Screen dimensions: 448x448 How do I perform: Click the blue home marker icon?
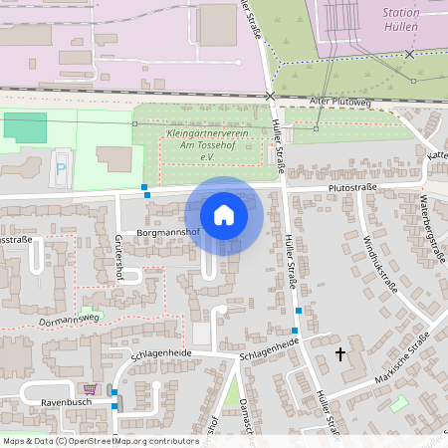pyautogui.click(x=224, y=215)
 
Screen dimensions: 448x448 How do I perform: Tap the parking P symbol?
pyautogui.click(x=61, y=170)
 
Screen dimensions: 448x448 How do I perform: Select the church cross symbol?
pyautogui.click(x=340, y=353)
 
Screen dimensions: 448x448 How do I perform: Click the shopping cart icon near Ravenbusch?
pyautogui.click(x=91, y=389)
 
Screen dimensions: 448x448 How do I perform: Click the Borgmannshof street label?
pyautogui.click(x=168, y=232)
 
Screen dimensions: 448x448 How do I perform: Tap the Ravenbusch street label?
pyautogui.click(x=66, y=403)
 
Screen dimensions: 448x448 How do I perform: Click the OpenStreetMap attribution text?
pyautogui.click(x=100, y=440)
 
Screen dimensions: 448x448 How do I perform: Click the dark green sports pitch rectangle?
pyautogui.click(x=25, y=127)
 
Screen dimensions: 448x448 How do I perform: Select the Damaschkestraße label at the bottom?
pyautogui.click(x=245, y=418)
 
